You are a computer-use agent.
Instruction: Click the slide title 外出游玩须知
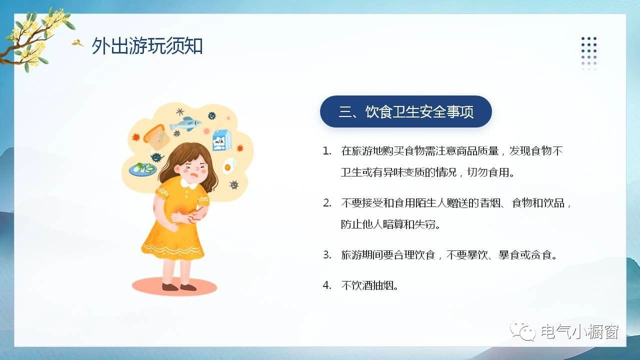[147, 45]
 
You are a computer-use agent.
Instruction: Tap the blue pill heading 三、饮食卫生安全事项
[405, 111]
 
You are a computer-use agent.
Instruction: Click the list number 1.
[327, 151]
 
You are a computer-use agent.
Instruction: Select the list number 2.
[327, 203]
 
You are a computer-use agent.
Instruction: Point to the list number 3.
[327, 254]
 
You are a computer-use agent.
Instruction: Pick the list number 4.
[327, 285]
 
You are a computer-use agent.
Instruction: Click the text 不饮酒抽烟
[367, 285]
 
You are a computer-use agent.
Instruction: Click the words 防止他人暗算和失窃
[388, 224]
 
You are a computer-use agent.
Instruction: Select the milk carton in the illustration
[222, 140]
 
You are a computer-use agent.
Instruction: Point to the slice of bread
[157, 137]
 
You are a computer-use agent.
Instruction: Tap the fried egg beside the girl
[229, 165]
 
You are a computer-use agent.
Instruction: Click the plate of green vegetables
[143, 169]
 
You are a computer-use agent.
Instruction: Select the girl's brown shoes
[179, 286]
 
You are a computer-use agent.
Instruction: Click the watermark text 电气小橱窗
[580, 331]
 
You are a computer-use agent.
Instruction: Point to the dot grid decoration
[589, 53]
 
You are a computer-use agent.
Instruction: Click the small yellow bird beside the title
[77, 43]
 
